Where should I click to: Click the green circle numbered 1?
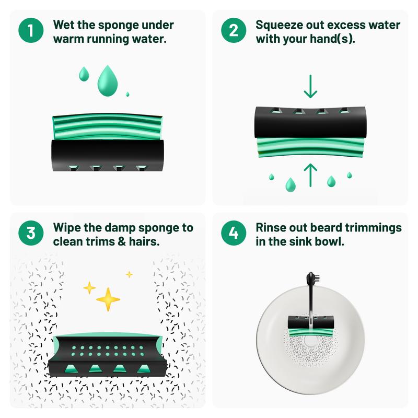coord(31,30)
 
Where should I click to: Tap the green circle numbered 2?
coord(234,30)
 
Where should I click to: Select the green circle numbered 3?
coord(31,233)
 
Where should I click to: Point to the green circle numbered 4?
coord(234,233)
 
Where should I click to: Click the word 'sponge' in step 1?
coord(118,26)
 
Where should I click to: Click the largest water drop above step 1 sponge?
coord(108,81)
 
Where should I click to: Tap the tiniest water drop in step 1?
coord(127,94)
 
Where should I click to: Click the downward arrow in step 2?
coord(310,86)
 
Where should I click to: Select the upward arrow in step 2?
coord(310,175)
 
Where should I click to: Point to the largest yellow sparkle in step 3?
coord(108,299)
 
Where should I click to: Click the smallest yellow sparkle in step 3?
coord(129,274)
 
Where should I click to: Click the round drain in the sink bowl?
coord(311,341)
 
